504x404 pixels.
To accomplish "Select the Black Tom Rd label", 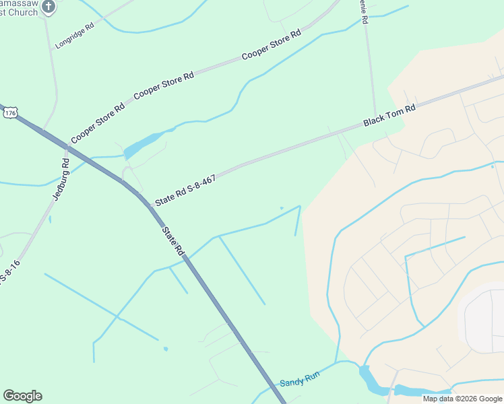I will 389,115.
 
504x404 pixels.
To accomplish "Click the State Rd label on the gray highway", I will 172,240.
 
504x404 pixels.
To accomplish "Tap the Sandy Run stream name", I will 299,382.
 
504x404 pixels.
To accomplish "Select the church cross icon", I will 49,6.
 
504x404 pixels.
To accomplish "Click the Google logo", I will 22,396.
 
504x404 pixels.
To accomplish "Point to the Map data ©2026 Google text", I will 462,399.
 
